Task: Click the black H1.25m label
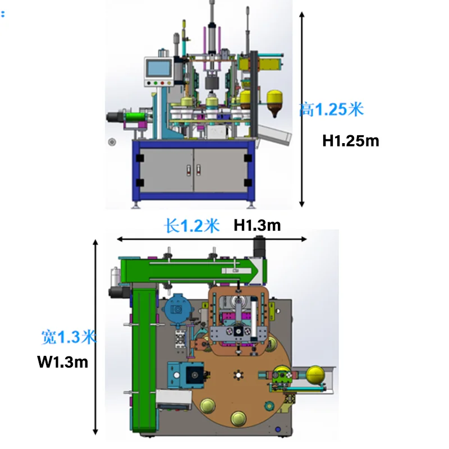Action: tap(351, 140)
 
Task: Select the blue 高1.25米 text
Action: tap(331, 109)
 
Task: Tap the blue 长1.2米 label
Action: tap(191, 226)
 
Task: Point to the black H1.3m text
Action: tap(257, 226)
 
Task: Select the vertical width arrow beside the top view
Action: tap(96, 337)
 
